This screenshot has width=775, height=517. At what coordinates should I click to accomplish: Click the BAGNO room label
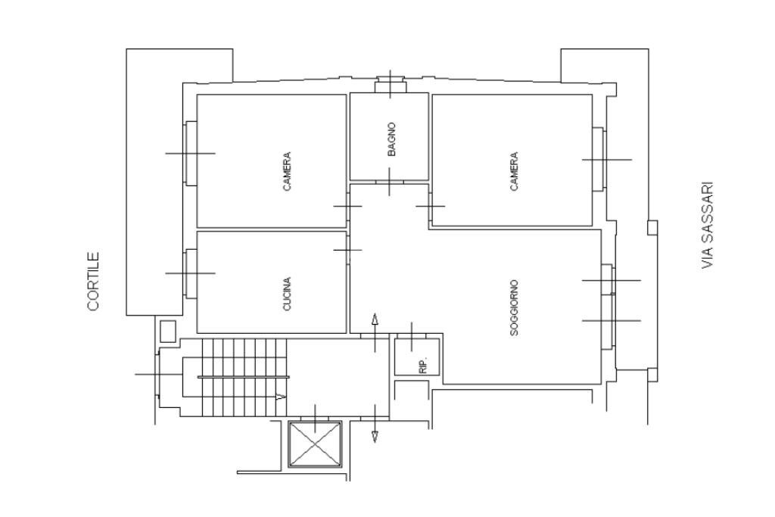coord(391,139)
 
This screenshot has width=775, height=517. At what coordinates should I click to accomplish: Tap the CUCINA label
coord(287,294)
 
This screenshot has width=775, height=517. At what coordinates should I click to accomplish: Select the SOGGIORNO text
coord(514,308)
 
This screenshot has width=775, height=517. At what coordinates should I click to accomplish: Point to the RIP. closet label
coord(422,365)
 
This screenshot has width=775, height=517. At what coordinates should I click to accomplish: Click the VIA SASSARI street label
coord(708,226)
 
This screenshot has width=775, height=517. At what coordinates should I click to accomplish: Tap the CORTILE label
coord(93,282)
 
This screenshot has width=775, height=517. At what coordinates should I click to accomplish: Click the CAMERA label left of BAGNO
coord(287,172)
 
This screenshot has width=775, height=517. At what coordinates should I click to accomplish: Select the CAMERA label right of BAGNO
coord(514,172)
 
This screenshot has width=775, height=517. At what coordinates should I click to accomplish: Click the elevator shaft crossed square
coord(315,444)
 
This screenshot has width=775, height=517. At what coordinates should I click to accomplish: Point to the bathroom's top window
coord(391,85)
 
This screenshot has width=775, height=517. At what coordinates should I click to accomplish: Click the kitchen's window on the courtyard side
coord(191,273)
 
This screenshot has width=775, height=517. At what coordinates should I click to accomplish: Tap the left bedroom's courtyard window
coord(191,153)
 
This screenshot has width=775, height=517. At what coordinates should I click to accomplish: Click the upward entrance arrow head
coord(375,319)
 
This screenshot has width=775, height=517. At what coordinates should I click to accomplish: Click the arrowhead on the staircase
coord(281,397)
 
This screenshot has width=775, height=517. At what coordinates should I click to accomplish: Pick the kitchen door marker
coord(348,250)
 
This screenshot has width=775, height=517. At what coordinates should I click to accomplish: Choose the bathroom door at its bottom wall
coord(390,182)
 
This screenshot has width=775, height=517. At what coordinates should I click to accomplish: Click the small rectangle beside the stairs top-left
coord(168,331)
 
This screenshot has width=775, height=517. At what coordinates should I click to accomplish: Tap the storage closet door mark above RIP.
coord(411,336)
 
